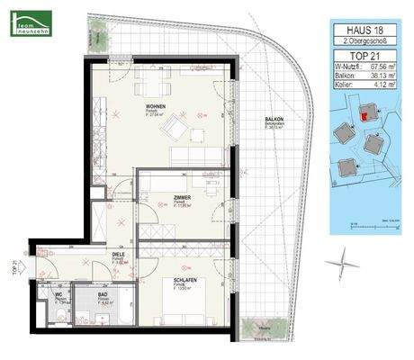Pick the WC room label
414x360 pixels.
(58, 295)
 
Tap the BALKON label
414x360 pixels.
(274, 120)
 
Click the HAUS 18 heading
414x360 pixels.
(362, 31)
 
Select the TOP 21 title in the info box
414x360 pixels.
(362, 55)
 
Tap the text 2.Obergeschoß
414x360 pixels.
(362, 42)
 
